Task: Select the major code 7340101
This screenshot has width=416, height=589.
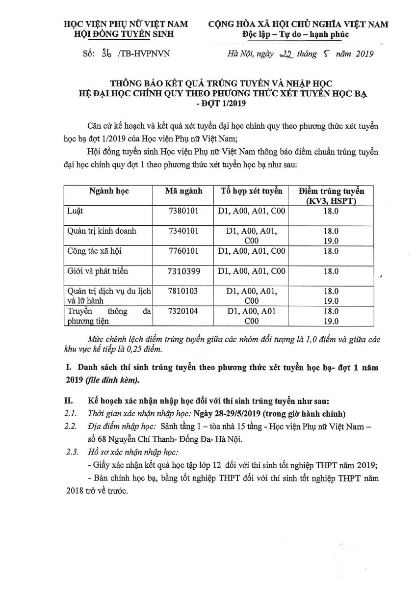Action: (183, 231)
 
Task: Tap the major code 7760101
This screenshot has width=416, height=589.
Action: (183, 251)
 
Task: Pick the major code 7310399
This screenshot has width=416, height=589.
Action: (183, 270)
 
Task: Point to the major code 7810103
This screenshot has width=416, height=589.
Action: (183, 291)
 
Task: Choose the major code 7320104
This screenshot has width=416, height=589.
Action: (183, 311)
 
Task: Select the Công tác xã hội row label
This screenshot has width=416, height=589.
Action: (94, 251)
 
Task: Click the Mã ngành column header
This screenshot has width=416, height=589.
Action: (183, 191)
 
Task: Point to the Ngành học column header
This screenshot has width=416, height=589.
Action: (109, 191)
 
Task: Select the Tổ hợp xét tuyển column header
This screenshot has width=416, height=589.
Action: (251, 191)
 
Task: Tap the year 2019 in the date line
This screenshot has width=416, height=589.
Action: (362, 54)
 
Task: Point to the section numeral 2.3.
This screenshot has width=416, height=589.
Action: (72, 452)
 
